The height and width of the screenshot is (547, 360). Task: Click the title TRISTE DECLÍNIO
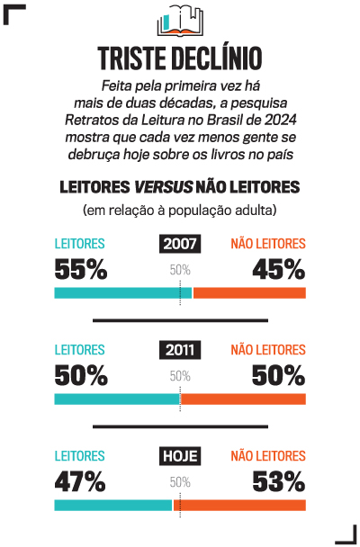(180, 58)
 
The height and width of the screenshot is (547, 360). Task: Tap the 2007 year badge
(180, 244)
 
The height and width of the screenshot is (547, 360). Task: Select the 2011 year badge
(180, 350)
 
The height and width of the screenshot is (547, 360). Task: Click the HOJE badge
(180, 456)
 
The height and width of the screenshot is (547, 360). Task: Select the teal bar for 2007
(122, 293)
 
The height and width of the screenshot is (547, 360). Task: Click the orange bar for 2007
(249, 293)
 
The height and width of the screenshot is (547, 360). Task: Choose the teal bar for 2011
(117, 399)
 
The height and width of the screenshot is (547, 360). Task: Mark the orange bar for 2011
(244, 399)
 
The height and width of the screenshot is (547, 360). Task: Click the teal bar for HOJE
(113, 506)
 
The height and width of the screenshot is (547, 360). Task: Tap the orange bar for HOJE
(239, 506)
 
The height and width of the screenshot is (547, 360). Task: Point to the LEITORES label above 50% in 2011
(80, 350)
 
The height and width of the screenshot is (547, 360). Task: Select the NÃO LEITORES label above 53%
(268, 456)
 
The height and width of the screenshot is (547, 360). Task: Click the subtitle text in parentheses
(180, 211)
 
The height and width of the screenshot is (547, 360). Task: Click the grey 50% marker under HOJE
(180, 482)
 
